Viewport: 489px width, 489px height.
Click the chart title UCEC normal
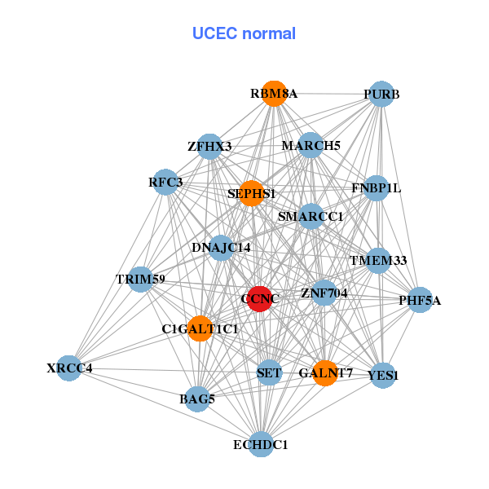coord(244,33)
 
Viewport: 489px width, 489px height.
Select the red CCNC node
coord(259,299)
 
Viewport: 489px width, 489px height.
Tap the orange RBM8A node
coord(275,94)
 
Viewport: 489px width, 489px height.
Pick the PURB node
coord(381,95)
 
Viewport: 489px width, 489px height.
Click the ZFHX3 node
coord(210,147)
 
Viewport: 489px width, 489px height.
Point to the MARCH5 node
coord(311,146)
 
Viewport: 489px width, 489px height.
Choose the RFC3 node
coord(166,182)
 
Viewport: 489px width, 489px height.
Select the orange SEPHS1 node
coord(251,193)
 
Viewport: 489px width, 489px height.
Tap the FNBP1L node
coord(376,188)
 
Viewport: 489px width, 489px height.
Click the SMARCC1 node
coord(311,217)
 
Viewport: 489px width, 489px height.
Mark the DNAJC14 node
coord(221,247)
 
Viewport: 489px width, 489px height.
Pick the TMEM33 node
coord(378,261)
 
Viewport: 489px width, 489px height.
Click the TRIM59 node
coord(141,280)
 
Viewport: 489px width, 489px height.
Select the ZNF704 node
coord(324,293)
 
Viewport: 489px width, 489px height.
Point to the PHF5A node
coord(420,301)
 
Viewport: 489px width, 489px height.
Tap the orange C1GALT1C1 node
coord(199,328)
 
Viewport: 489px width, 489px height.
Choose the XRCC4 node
coord(69,368)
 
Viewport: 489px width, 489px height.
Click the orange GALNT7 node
coord(325,373)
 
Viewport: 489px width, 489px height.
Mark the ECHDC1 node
coord(261,444)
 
